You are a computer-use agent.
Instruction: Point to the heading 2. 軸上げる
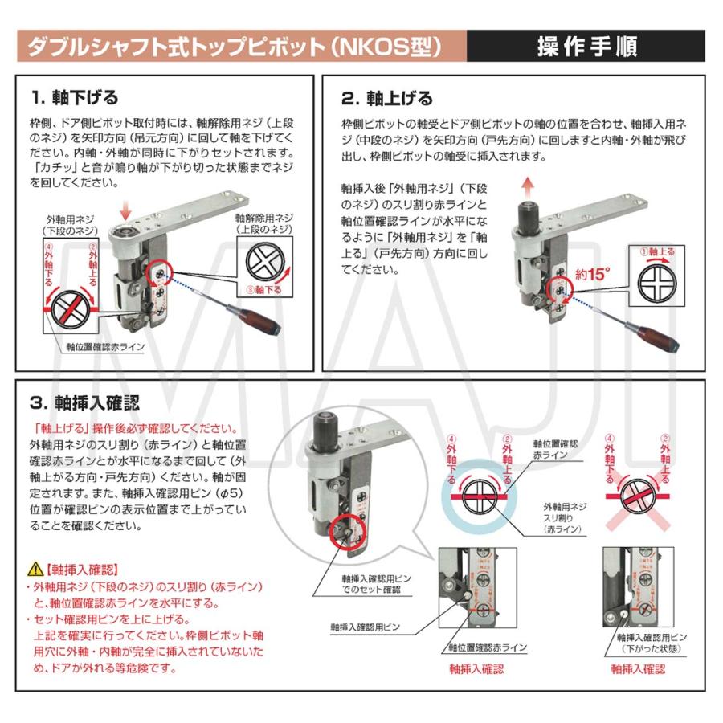pos(386,97)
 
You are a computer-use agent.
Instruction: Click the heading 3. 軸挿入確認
pos(85,401)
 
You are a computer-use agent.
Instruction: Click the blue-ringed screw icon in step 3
pos(480,497)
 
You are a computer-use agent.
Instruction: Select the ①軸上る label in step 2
pos(656,251)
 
